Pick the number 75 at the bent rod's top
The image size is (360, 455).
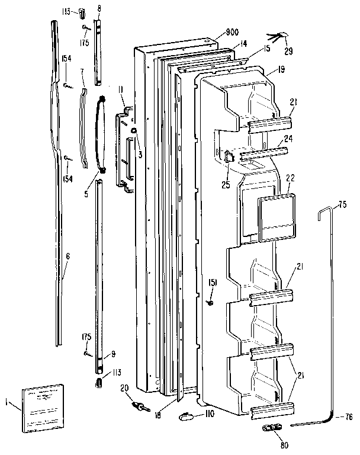[x=342, y=205]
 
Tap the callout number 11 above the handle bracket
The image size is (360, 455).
[x=120, y=90]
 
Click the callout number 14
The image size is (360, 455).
[x=243, y=44]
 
